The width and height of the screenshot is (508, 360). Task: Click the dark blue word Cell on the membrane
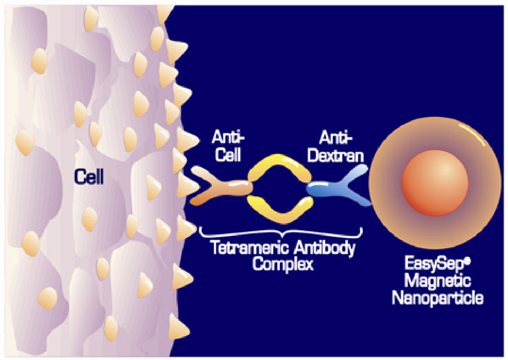coord(89,176)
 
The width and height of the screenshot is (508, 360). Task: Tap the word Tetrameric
coord(249,247)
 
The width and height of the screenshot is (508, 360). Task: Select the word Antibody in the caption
coord(324,247)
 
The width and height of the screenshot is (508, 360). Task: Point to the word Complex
coord(283,264)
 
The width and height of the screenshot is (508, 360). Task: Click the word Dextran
coord(335,156)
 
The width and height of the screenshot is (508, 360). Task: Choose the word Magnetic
coord(437,281)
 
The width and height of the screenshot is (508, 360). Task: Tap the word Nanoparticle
coord(437,298)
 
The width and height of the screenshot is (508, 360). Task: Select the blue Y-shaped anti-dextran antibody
coord(340,187)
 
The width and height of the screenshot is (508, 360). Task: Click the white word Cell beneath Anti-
coord(228,155)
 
